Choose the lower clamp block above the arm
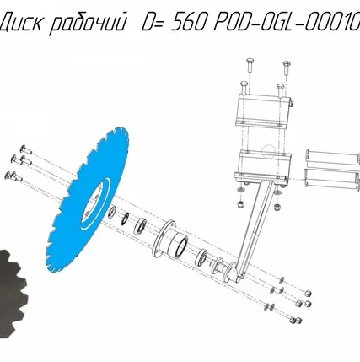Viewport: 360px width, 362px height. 263,166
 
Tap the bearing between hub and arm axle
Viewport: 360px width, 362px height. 204,257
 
